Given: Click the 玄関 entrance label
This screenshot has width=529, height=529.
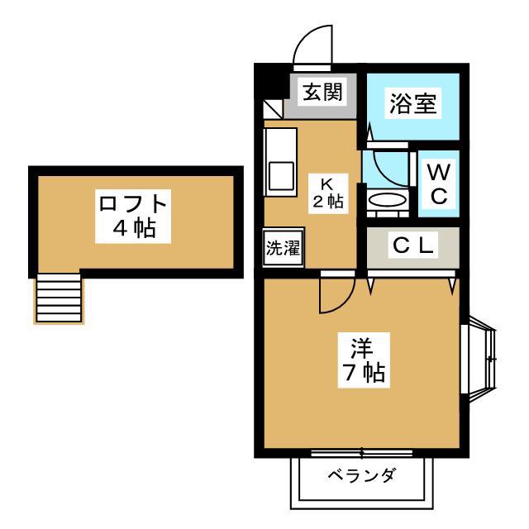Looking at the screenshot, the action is (322, 92).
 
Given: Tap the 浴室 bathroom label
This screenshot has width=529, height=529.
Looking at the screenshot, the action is (413, 103).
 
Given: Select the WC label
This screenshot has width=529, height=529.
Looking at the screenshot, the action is (439, 183).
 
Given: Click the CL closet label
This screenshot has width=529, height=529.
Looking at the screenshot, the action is (413, 245).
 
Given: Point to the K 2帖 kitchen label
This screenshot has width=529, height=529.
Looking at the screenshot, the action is (328, 193).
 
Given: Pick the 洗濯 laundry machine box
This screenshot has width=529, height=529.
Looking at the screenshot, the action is (284, 247).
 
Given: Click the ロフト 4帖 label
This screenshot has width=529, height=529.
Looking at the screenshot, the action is (133, 217).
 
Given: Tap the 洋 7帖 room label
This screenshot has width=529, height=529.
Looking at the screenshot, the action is (364, 360).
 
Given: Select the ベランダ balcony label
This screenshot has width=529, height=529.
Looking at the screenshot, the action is (361, 476).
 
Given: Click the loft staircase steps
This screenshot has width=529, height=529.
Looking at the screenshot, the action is (59, 298).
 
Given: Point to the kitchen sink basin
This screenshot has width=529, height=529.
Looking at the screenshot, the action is (281, 176).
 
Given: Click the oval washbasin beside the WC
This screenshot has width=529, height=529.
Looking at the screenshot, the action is (387, 200).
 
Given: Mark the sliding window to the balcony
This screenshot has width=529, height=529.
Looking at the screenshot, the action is (362, 453).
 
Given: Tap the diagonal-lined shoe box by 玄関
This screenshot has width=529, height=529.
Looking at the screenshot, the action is (273, 109).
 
